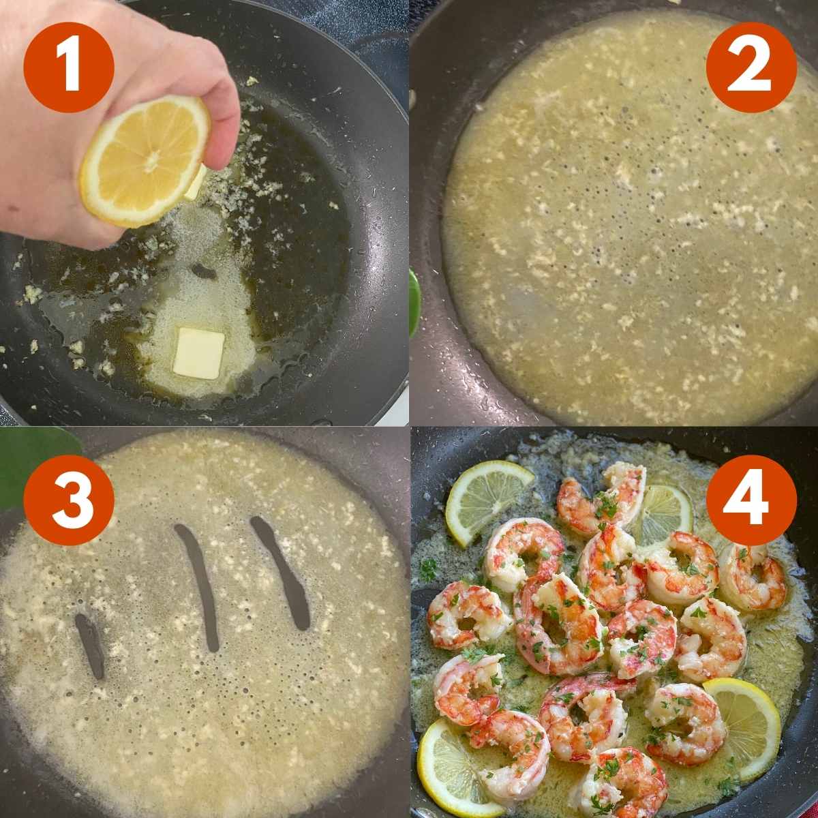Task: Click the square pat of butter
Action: [198, 353]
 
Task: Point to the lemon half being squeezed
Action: [145, 162]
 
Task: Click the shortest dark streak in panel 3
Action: [91, 646]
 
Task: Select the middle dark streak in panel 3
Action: [198, 586]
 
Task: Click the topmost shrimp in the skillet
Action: [603, 498]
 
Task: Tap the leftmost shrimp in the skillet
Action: [466, 615]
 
